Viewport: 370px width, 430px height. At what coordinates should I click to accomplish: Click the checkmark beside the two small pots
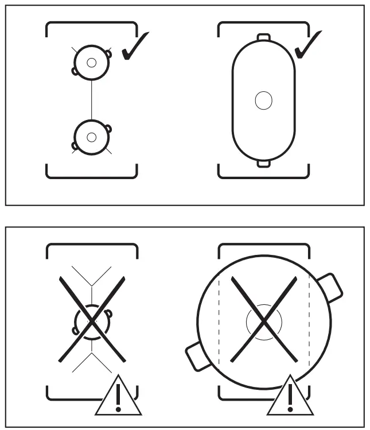pos(135,47)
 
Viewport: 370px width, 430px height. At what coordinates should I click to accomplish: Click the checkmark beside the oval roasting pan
pos(307,47)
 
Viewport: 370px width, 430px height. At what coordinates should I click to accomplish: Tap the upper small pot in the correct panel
pos(91,62)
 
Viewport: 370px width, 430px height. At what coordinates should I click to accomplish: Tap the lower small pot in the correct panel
pos(91,137)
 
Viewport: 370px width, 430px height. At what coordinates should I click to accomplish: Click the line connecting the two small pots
pos(91,99)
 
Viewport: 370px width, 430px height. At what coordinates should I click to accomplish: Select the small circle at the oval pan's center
pos(263,100)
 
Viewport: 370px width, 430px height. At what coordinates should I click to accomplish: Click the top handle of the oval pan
pos(263,38)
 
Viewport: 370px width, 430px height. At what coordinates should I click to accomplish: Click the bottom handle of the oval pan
pos(263,164)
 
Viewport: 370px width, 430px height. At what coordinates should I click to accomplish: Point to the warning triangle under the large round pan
pos(289,397)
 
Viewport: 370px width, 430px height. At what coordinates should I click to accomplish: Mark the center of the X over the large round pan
pos(263,319)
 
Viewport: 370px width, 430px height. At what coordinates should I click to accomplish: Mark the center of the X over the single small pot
pos(91,319)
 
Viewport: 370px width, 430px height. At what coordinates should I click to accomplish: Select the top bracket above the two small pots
pos(91,24)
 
